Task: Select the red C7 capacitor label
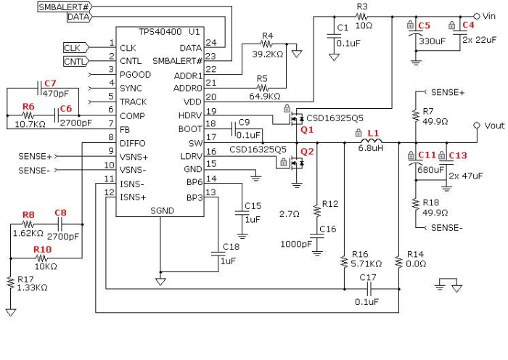coord(49,83)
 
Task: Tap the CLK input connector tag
coord(73,48)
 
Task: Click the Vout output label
coord(494,126)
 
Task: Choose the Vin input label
coord(487,15)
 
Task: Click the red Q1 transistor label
coord(307,129)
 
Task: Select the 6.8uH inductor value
coord(370,148)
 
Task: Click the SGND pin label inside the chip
coord(161,211)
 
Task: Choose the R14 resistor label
coord(415,255)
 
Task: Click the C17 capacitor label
coord(368,277)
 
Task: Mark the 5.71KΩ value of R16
coord(367,264)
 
